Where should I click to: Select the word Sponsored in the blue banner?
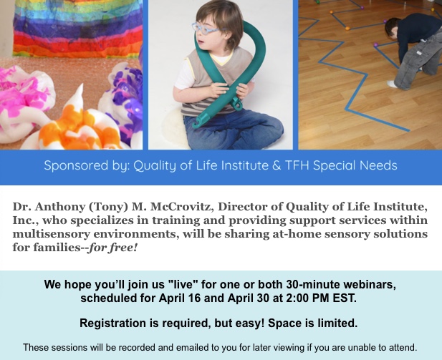coord(76,165)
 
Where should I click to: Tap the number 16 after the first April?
coord(194,298)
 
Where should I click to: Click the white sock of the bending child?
coord(391,84)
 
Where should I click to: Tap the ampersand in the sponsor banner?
coord(277,165)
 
